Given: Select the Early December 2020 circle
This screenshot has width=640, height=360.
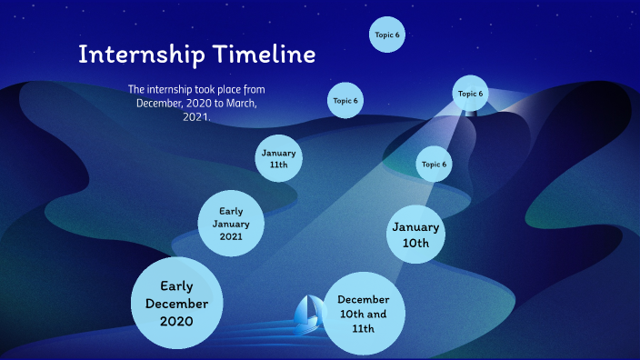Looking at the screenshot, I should pos(177,304).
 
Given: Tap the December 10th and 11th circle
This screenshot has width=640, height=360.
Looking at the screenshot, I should pos(364,313).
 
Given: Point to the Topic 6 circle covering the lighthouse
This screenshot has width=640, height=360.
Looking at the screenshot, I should pos(470,94).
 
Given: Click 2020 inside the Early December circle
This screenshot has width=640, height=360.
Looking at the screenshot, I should pos(177,321).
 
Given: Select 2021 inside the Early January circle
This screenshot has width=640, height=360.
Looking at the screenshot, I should pos(231,236).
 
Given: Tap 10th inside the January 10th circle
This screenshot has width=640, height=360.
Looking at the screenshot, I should pos(416,244).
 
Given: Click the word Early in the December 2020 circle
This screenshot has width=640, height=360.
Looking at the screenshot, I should pos(177,286).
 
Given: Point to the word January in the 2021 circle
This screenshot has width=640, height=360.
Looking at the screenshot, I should pos(231,224).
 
